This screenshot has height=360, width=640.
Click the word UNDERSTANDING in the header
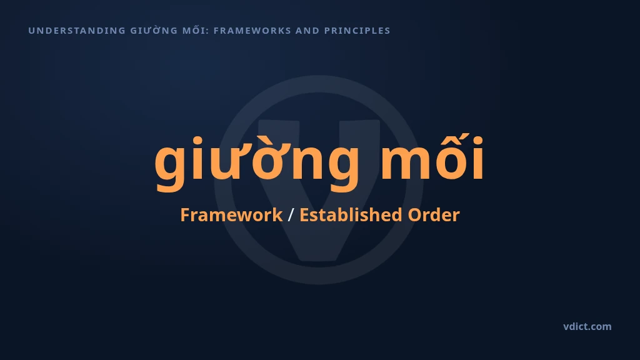(x=77, y=31)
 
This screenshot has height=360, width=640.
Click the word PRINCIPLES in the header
(x=357, y=31)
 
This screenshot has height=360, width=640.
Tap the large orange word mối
(x=432, y=156)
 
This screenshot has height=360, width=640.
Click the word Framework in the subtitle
(x=231, y=215)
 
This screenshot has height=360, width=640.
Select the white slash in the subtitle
(x=291, y=215)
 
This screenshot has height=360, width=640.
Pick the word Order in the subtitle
(x=434, y=215)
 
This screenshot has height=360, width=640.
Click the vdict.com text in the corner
(x=587, y=326)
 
